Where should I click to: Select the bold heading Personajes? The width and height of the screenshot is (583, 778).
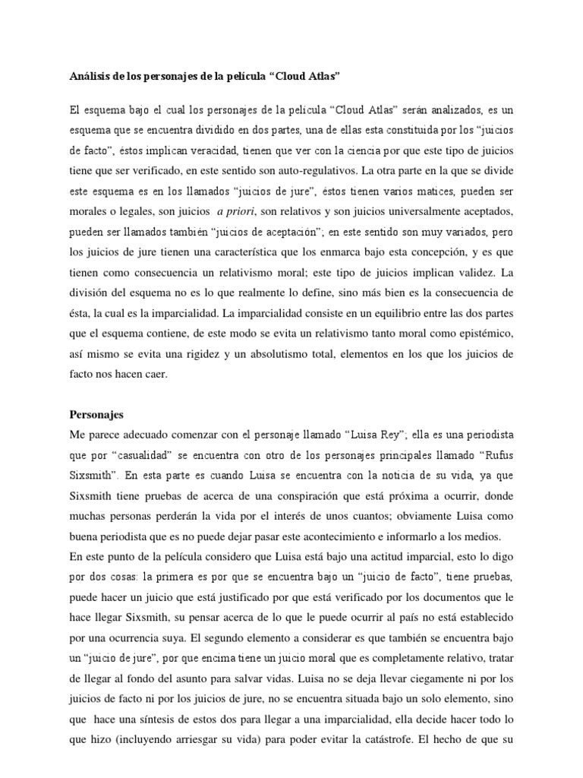[96, 416]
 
